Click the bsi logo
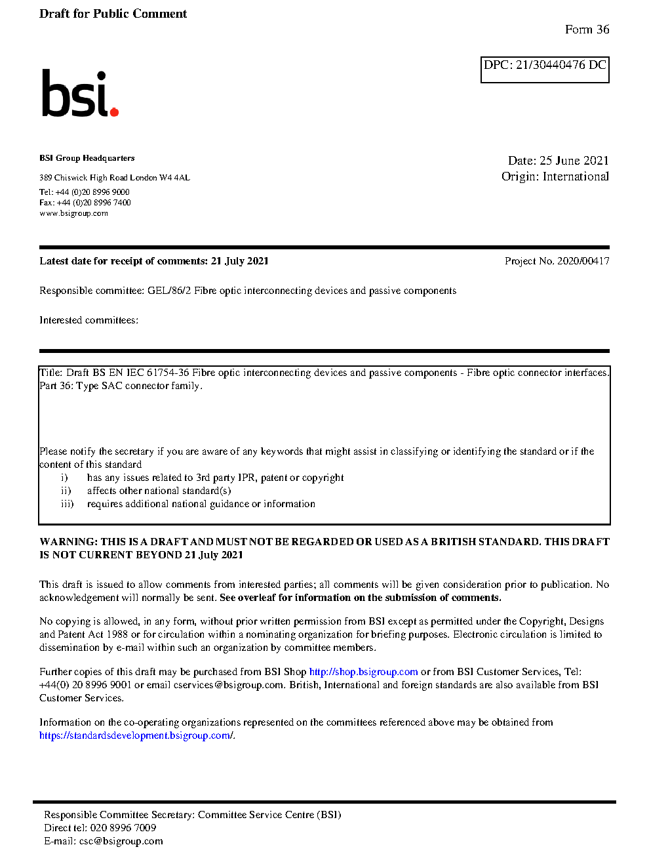79,93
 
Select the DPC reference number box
545,70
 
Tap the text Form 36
587,30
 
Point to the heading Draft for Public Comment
113,14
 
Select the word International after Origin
576,176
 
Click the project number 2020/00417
583,261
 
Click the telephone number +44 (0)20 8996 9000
92,192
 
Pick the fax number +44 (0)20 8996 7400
94,203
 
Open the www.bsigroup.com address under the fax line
73,213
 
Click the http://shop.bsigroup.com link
363,672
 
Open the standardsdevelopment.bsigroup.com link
136,735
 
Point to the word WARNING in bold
68,542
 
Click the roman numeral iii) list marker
67,504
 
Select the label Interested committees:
88,320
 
